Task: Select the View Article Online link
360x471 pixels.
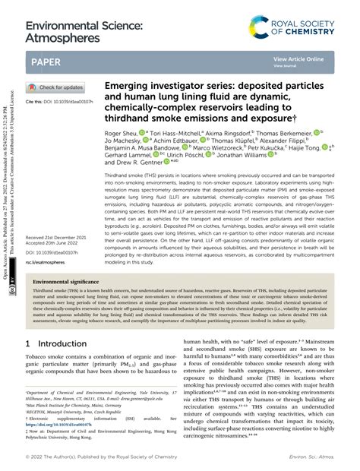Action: pos(298,58)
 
